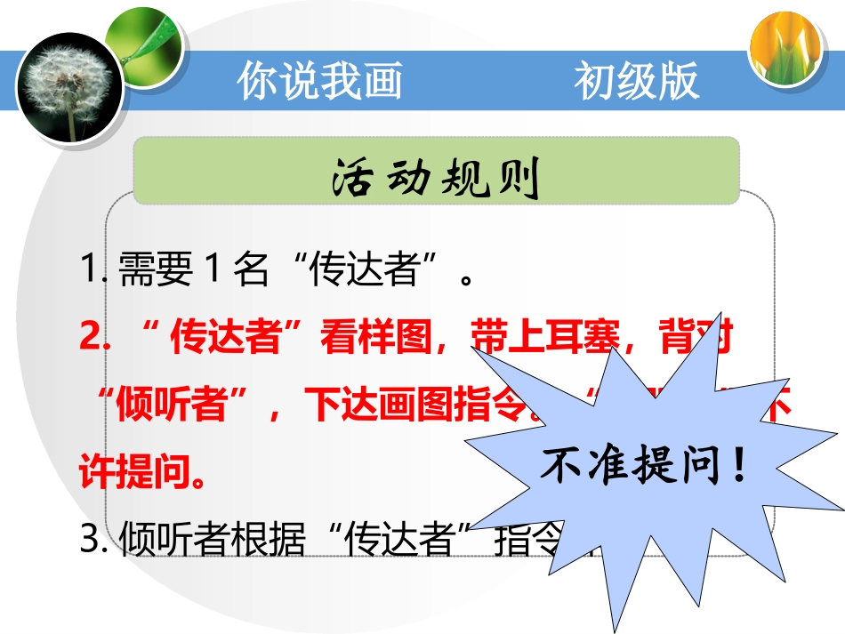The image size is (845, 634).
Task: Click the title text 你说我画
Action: [319, 81]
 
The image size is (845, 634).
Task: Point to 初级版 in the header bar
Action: [636, 81]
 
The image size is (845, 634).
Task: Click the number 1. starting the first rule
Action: [93, 270]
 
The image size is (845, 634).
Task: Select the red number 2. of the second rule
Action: [93, 338]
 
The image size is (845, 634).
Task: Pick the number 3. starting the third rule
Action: [93, 541]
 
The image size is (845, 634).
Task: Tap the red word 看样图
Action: [364, 338]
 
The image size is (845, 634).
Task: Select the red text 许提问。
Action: [143, 473]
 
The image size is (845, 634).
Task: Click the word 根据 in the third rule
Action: [271, 541]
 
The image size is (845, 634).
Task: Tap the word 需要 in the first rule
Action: [156, 270]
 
